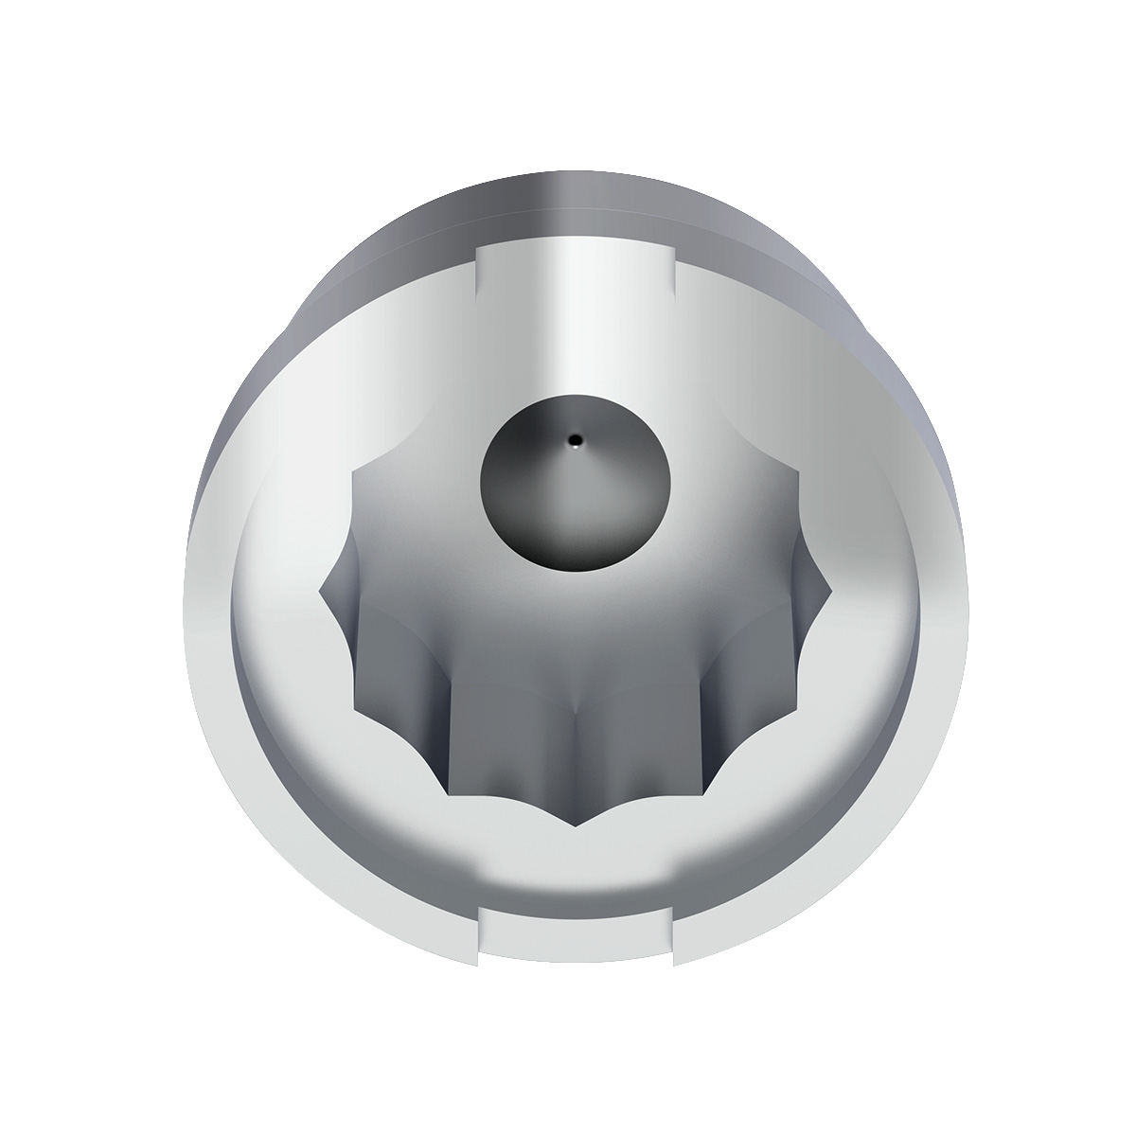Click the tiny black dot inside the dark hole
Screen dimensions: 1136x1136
tap(575, 439)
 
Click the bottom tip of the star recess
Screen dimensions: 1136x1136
tap(575, 825)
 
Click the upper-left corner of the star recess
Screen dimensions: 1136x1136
tap(354, 470)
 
